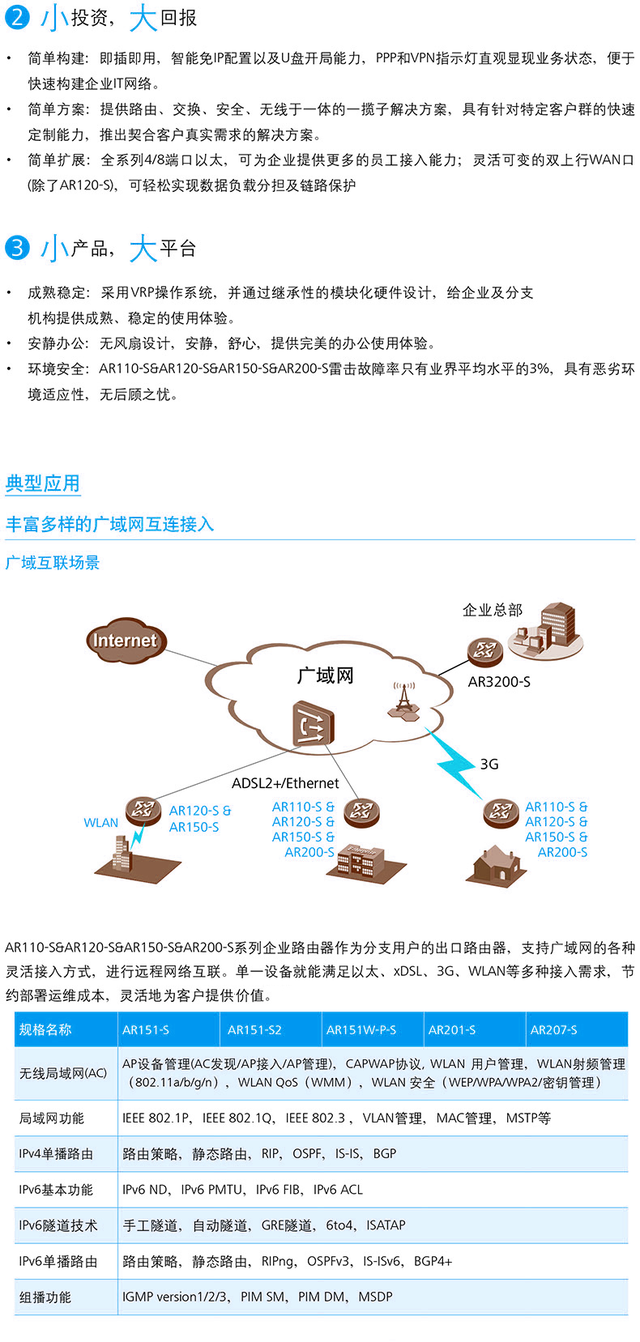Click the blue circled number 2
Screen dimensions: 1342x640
16,17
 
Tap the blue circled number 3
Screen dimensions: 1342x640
16,247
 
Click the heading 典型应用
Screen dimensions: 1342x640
43,484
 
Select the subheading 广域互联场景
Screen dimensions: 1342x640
53,562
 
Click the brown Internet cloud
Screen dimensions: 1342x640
124,640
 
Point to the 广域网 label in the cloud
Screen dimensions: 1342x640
325,675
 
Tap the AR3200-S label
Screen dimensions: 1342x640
499,682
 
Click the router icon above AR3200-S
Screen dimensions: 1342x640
484,650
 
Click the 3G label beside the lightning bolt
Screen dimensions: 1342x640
489,764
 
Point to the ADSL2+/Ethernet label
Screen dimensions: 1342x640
285,783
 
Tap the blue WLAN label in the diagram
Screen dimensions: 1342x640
101,823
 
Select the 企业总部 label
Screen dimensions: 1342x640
493,610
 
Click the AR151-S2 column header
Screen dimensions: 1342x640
254,1029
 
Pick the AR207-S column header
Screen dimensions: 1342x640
554,1029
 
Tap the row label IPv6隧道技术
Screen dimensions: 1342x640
58,1225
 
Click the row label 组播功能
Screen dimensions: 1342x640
45,1297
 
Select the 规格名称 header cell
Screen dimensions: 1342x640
45,1029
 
